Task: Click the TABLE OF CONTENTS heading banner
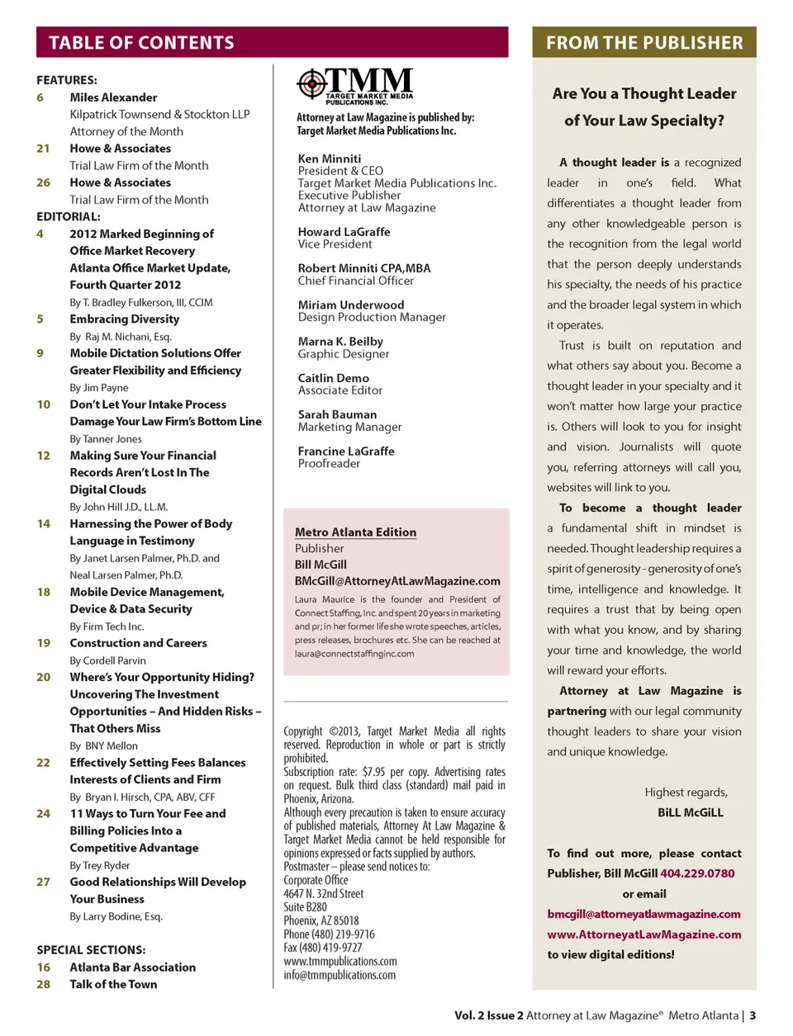[x=272, y=42]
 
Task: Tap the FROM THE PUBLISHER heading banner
[x=643, y=42]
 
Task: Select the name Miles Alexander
[x=113, y=97]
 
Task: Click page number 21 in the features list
[x=43, y=149]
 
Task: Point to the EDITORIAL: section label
[x=69, y=216]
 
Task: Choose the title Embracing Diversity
[x=124, y=319]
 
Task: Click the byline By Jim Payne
[x=99, y=387]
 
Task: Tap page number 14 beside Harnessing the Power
[x=43, y=523]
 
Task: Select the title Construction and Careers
[x=138, y=643]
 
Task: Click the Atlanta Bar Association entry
[x=132, y=967]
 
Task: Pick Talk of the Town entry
[x=113, y=984]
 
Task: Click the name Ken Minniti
[x=330, y=158]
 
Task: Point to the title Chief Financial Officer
[x=356, y=281]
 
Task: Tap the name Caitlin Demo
[x=334, y=378]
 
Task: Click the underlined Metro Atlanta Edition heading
[x=355, y=532]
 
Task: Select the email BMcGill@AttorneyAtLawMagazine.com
[x=397, y=581]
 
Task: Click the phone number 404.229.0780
[x=697, y=873]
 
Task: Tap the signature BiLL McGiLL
[x=690, y=812]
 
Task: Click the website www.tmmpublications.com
[x=340, y=962]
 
